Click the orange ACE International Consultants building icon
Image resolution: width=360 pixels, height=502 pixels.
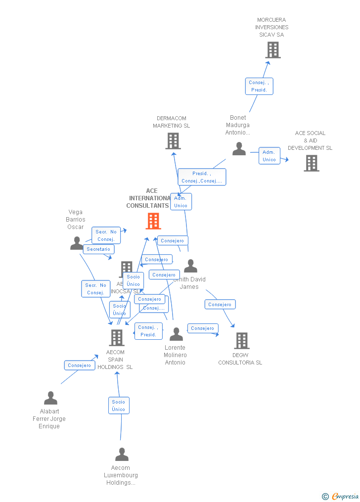click(x=153, y=221)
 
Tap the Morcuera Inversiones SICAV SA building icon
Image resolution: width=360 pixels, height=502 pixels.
click(x=272, y=50)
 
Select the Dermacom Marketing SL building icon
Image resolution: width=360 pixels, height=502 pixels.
click(x=173, y=141)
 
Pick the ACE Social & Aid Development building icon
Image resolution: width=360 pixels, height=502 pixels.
click(x=311, y=163)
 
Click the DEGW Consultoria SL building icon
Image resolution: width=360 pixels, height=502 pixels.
click(x=241, y=340)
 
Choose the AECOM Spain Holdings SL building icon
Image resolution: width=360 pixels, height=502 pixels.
click(x=116, y=337)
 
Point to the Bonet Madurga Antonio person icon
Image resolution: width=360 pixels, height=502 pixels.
click(x=239, y=149)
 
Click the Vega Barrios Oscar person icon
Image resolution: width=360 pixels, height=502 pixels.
click(x=77, y=243)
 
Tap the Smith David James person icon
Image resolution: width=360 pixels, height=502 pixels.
click(x=190, y=266)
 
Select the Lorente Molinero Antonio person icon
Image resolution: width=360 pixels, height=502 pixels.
click(x=176, y=334)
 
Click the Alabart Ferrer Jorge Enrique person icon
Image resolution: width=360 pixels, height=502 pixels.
click(x=50, y=398)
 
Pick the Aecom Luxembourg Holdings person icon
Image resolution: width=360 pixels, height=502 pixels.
click(x=122, y=455)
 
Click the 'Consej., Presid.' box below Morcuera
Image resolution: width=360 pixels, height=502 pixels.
click(x=259, y=86)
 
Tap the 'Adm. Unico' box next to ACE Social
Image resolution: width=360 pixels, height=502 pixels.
click(x=270, y=156)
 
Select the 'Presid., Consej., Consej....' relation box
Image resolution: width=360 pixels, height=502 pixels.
click(x=202, y=177)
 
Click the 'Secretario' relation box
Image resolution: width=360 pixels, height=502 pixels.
click(x=98, y=249)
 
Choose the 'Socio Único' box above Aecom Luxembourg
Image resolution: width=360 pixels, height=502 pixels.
click(x=119, y=406)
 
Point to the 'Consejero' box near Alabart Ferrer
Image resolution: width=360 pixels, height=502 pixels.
click(x=80, y=365)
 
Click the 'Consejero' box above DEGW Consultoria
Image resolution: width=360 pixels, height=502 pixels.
click(x=220, y=305)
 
